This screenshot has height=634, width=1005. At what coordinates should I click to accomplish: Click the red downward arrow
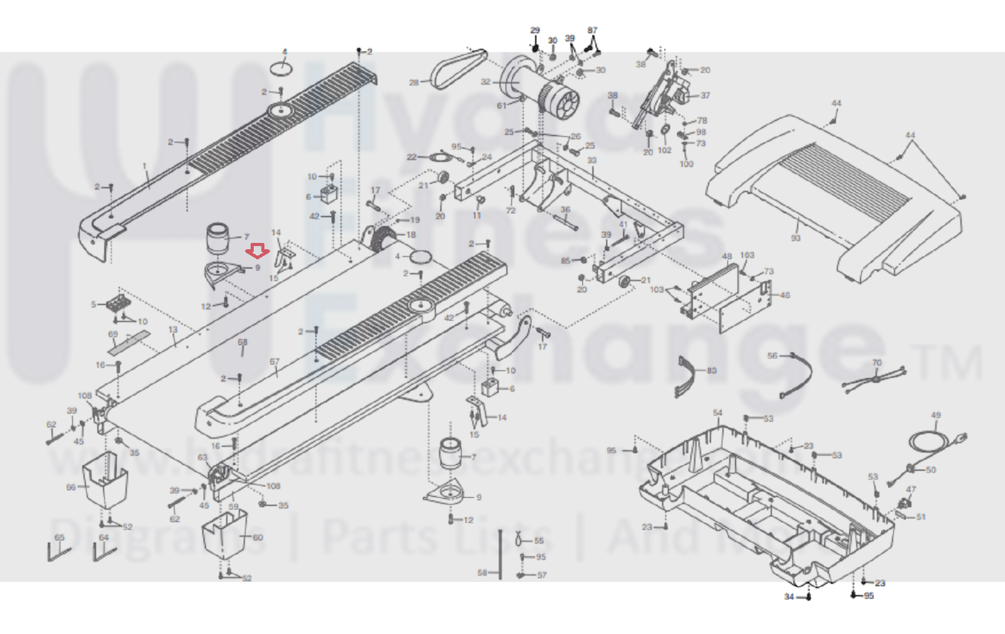click(257, 251)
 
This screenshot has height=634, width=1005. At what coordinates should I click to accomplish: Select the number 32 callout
click(485, 82)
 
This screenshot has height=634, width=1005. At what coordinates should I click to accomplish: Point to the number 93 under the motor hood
click(796, 238)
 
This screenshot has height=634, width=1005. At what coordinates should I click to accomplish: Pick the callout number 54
click(718, 413)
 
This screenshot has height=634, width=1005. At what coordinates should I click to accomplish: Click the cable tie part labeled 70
click(875, 379)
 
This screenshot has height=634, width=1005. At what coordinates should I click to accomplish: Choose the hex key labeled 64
click(102, 553)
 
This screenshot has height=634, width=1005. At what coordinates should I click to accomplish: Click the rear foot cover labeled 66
click(105, 481)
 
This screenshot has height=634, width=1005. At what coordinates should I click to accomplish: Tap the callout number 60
click(258, 537)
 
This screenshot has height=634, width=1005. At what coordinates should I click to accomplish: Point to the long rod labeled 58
click(500, 553)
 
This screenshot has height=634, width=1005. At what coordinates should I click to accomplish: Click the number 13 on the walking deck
click(173, 329)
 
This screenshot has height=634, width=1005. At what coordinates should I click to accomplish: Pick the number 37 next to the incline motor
click(705, 96)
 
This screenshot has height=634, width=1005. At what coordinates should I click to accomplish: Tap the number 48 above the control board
click(727, 256)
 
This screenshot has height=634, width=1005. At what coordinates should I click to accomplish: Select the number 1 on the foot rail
click(145, 167)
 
